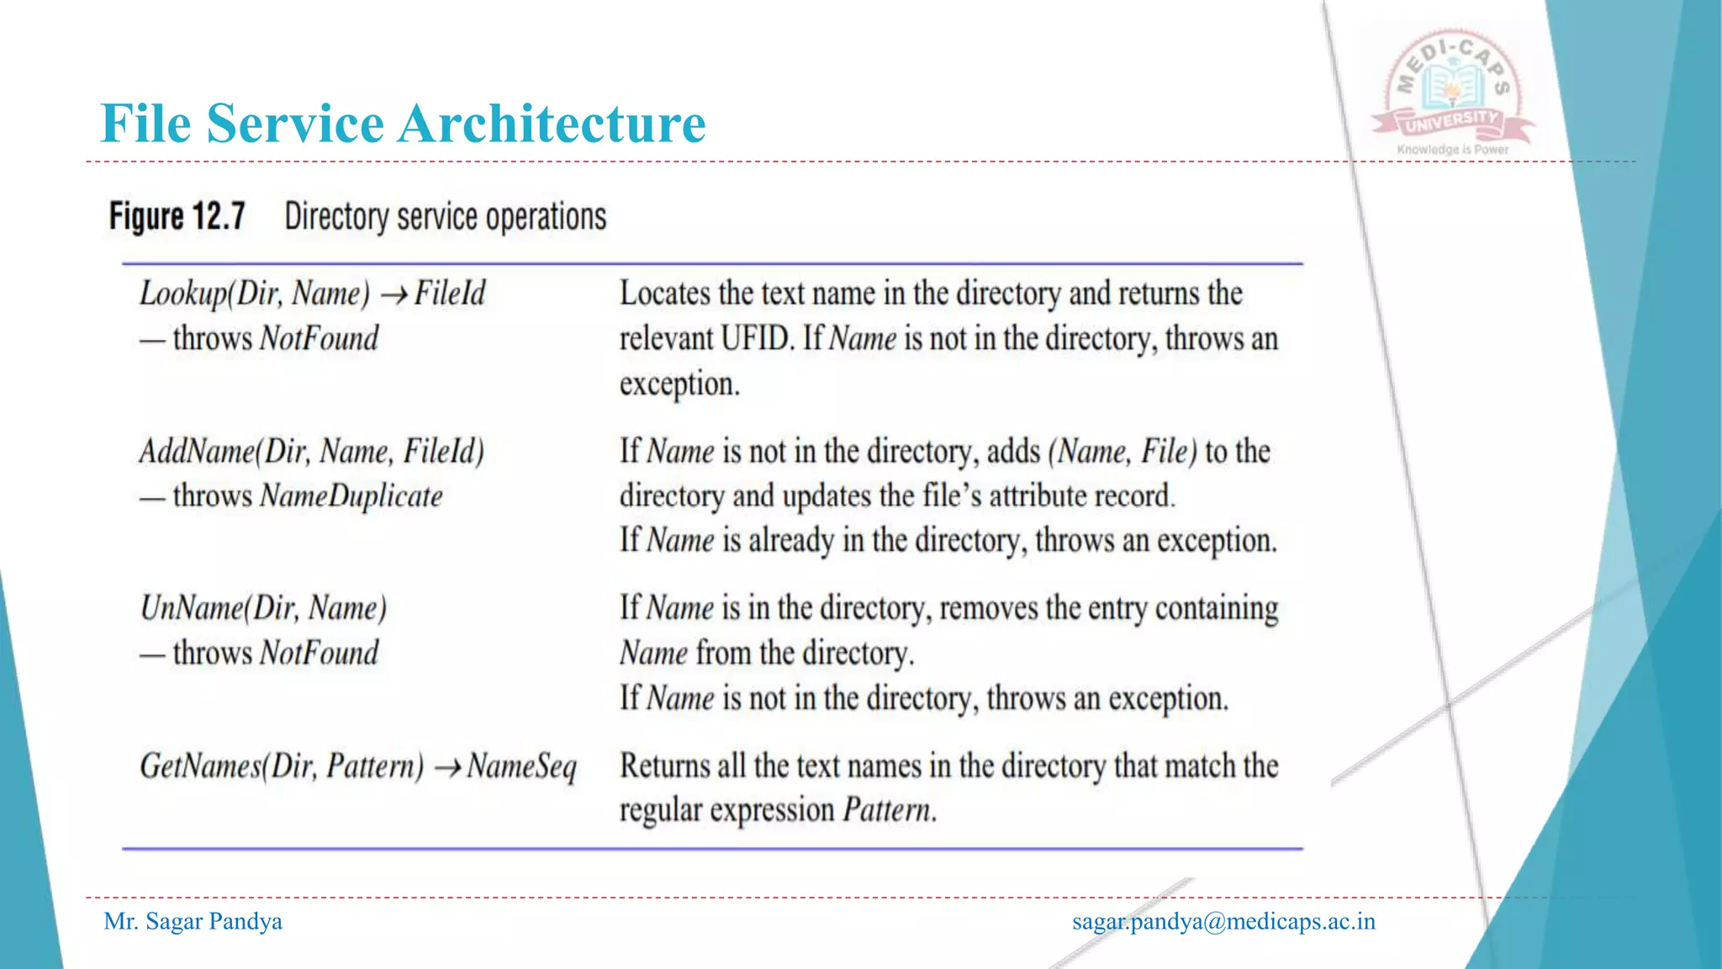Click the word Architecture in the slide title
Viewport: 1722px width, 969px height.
tap(552, 124)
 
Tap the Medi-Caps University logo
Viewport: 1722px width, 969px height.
tap(1452, 93)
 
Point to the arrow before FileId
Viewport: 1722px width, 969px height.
tap(394, 295)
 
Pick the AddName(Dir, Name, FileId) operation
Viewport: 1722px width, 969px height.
tap(312, 452)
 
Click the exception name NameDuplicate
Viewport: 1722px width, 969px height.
tap(351, 496)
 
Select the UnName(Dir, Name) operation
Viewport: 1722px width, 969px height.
tap(263, 608)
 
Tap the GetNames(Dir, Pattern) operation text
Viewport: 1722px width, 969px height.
tap(282, 766)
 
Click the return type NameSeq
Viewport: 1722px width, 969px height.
tap(521, 766)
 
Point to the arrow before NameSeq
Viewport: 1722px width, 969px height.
tap(446, 768)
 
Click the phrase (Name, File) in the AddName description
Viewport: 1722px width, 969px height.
tap(1122, 452)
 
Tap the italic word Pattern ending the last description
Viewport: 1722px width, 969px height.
tap(888, 810)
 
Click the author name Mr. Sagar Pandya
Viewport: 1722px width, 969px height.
tap(193, 922)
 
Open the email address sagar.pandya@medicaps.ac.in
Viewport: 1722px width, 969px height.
tap(1223, 922)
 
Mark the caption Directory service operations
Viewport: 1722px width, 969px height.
tap(445, 217)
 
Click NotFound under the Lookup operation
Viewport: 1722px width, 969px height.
tap(319, 339)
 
